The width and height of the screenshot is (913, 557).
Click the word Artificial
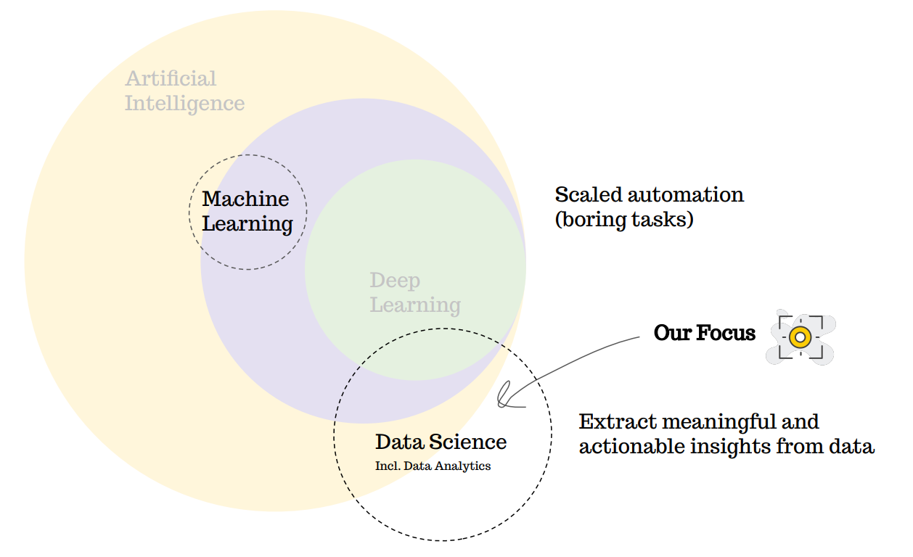171,78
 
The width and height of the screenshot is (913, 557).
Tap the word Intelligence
184,103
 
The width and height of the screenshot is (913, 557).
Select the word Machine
245,199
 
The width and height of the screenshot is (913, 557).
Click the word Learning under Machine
247,224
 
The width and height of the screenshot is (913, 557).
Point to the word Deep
395,280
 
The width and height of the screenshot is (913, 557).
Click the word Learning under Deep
415,305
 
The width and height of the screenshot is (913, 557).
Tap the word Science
467,442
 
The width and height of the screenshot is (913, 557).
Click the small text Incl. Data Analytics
433,466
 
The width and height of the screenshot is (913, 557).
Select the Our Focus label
704,333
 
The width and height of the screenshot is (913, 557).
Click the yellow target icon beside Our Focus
800,337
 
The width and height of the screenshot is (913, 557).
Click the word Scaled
589,195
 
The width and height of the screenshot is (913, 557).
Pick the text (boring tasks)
624,220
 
